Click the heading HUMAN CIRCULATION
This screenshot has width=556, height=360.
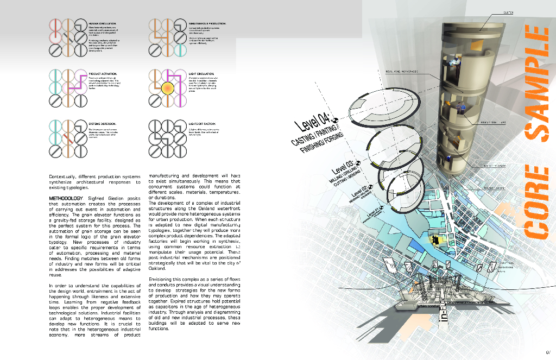pyautogui.click(x=102, y=23)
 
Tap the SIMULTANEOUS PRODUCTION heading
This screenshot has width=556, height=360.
pyautogui.click(x=204, y=23)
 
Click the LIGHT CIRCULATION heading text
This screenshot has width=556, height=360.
pyautogui.click(x=201, y=73)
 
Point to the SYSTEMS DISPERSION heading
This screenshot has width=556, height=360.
pyautogui.click(x=102, y=124)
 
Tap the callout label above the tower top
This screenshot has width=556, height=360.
pyautogui.click(x=509, y=12)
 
